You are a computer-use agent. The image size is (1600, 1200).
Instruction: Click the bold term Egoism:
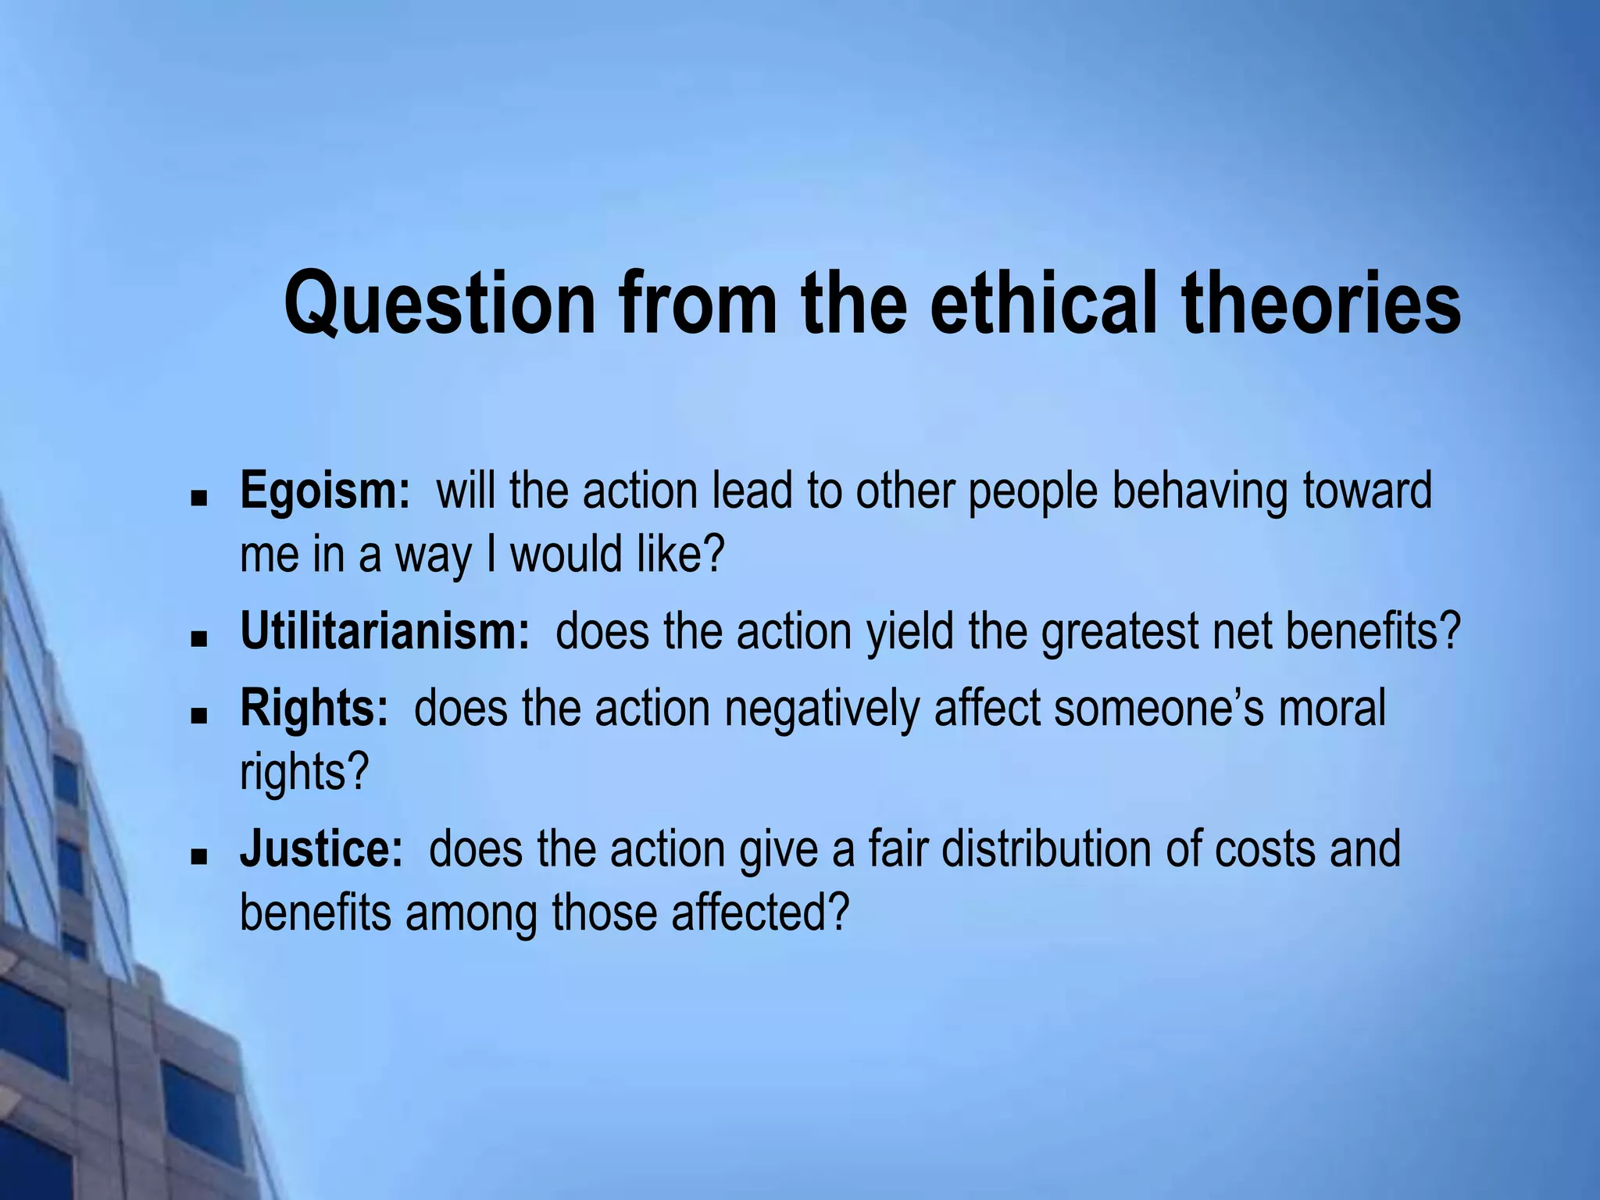coord(324,491)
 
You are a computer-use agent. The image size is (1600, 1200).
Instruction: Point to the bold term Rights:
coord(313,709)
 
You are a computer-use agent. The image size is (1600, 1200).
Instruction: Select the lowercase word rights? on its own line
coord(303,773)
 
